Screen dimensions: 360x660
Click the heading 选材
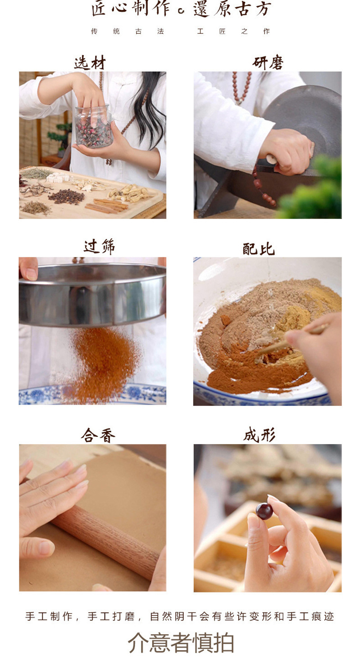90,63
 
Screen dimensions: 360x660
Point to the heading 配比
259,249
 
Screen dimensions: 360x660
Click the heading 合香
98,435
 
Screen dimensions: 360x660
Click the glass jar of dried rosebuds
94,127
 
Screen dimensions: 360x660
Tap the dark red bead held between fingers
264,511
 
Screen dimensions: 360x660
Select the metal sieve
92,295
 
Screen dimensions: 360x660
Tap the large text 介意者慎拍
181,642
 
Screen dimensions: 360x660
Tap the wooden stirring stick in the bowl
292,341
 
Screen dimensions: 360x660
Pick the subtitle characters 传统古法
127,31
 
